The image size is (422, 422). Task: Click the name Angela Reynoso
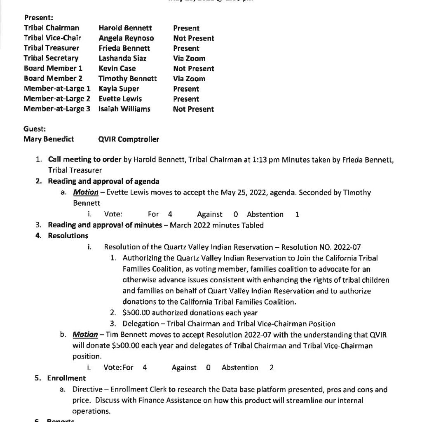pos(126,38)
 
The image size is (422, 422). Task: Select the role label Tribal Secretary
pos(51,59)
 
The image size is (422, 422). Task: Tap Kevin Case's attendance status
pos(194,69)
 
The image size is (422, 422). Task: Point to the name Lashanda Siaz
pos(122,59)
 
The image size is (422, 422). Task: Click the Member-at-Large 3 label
pos(57,109)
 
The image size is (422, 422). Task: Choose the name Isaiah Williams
pos(124,109)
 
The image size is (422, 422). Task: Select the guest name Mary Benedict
pos(49,139)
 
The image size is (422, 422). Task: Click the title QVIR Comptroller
pos(129,139)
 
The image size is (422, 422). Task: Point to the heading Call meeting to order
pos(84,159)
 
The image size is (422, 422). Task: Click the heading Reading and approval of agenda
pos(103,181)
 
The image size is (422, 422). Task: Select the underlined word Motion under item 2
pos(86,192)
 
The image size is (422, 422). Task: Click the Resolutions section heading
pos(68,236)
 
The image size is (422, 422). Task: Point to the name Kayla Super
pos(119,89)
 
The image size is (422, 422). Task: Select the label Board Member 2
pos(53,79)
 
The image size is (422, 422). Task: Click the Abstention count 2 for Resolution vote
pos(272,368)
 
